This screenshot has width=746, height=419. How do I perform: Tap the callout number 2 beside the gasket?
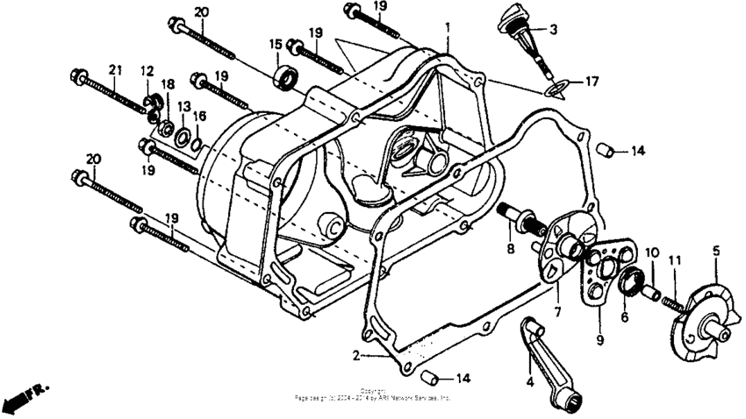[356, 355]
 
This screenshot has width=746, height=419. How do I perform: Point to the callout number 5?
[715, 251]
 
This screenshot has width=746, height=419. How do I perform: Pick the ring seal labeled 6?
[631, 283]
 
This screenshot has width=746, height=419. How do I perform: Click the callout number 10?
[651, 252]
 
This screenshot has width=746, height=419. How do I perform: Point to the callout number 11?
[674, 260]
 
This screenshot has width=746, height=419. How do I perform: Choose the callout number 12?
[147, 71]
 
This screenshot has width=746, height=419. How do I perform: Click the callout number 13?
[183, 106]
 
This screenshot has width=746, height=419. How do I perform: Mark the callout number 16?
[200, 116]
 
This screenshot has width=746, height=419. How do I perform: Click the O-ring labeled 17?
[554, 86]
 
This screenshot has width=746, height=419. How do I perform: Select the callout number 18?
[167, 84]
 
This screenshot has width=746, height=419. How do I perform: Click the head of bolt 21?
[75, 76]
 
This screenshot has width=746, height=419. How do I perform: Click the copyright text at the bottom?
[373, 394]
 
